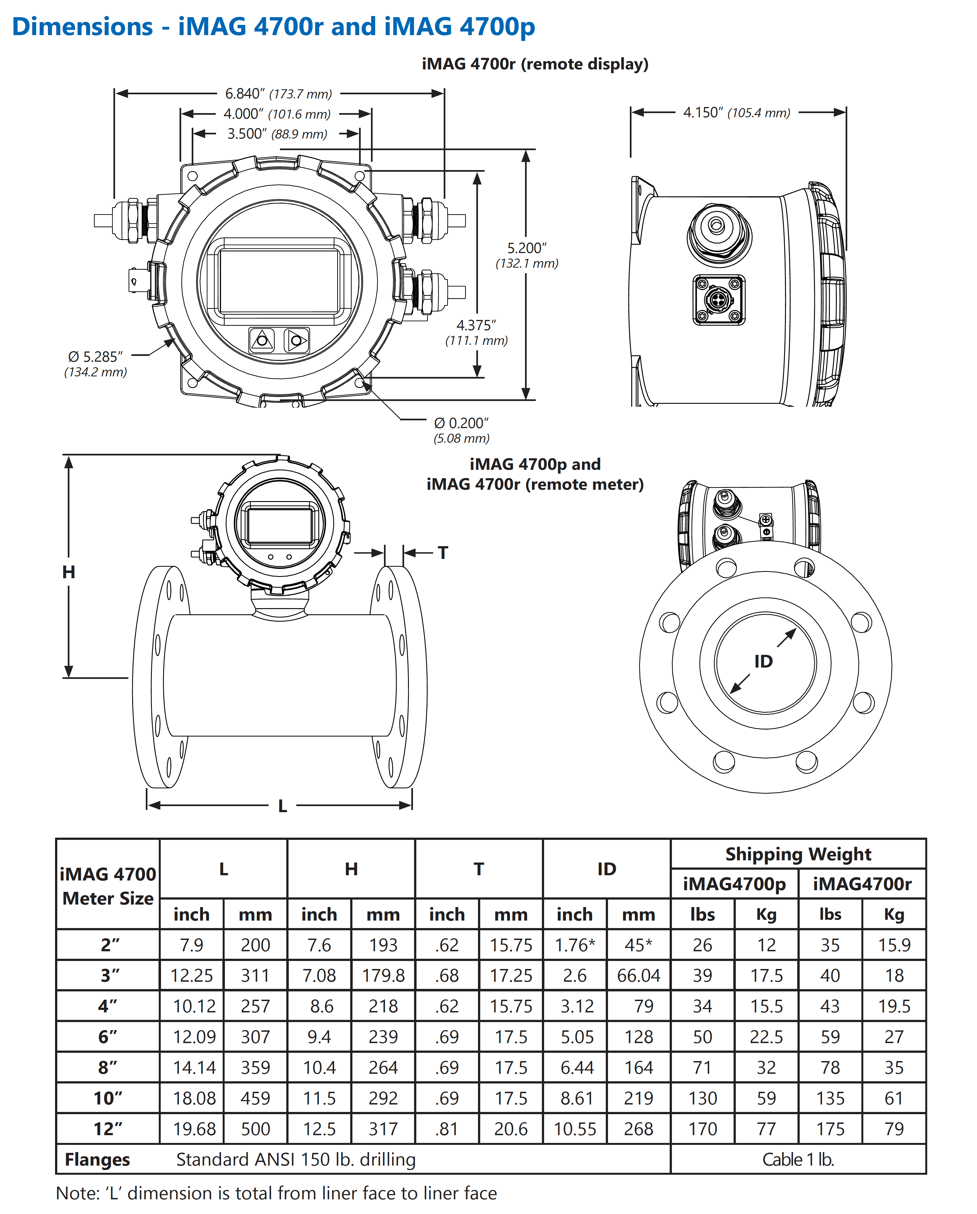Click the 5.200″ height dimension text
pyautogui.click(x=526, y=248)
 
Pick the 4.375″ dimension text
pyautogui.click(x=476, y=325)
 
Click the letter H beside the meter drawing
pyautogui.click(x=69, y=572)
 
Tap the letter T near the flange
pyautogui.click(x=443, y=553)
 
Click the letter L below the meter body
pyautogui.click(x=283, y=806)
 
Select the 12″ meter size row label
pyautogui.click(x=108, y=1129)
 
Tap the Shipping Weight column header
pyautogui.click(x=798, y=854)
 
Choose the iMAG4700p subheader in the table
pyautogui.click(x=734, y=884)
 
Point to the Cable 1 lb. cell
pyautogui.click(x=798, y=1159)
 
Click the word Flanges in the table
pyautogui.click(x=97, y=1159)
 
